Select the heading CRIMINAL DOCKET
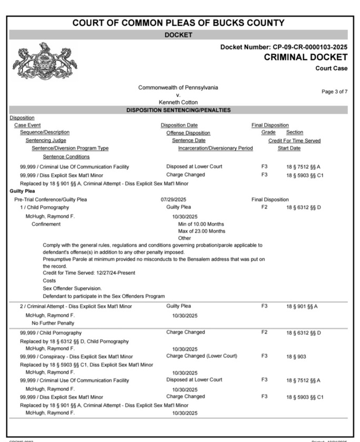[x=305, y=57]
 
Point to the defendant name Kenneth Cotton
[x=178, y=102]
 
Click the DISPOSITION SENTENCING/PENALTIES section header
[x=178, y=110]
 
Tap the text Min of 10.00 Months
[x=202, y=224]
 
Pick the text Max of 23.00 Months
[x=202, y=231]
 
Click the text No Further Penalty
[x=53, y=323]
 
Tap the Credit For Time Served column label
[x=294, y=141]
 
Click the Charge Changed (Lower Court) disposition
[x=202, y=356]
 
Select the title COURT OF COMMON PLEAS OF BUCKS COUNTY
[x=178, y=23]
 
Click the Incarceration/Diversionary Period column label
[x=215, y=149]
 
